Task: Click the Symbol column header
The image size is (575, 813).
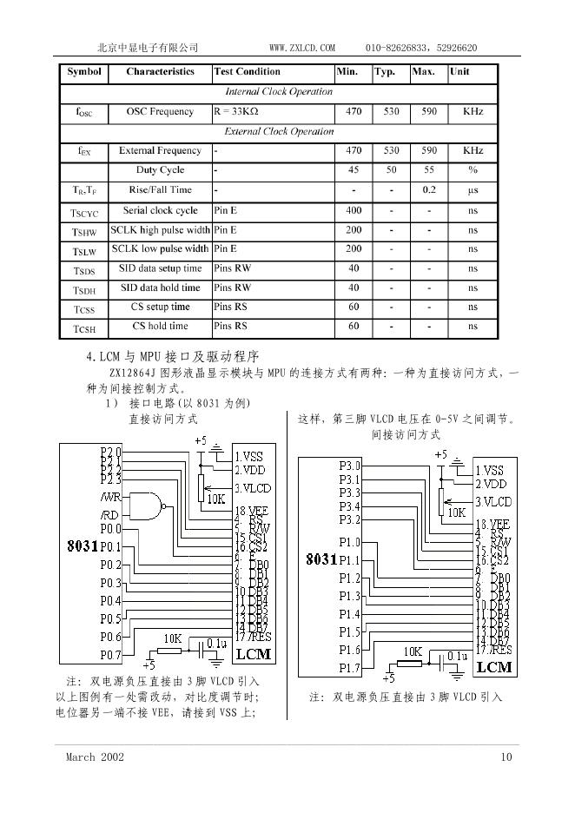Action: [x=84, y=72]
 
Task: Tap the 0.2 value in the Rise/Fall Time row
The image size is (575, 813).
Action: [x=429, y=189]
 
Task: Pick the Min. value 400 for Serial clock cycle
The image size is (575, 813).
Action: [x=354, y=211]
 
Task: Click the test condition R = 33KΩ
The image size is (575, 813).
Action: [x=236, y=112]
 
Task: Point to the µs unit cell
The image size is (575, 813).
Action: [x=473, y=189]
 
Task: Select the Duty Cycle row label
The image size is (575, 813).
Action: [x=160, y=170]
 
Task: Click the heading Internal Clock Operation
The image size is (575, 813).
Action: [x=278, y=92]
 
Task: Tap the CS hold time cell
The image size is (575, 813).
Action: [x=160, y=327]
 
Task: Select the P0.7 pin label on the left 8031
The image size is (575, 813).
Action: [x=110, y=655]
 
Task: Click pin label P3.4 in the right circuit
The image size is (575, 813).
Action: [x=349, y=506]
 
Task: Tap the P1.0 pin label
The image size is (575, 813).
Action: [x=349, y=542]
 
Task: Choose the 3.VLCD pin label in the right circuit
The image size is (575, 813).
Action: [x=493, y=502]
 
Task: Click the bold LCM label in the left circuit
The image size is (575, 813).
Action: [x=254, y=652]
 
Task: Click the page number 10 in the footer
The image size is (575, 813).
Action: [x=507, y=757]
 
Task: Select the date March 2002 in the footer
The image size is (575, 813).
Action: [x=96, y=757]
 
